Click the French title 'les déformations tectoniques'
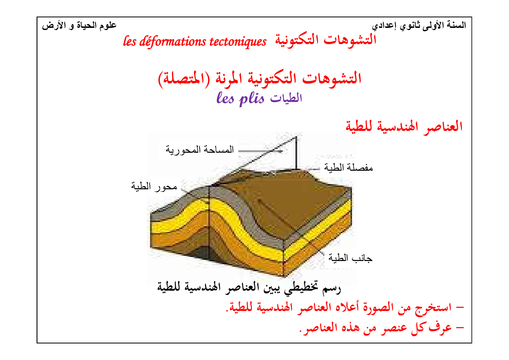[194, 41]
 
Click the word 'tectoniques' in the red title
[238, 42]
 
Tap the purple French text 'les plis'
[240, 98]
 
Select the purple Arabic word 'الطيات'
[286, 98]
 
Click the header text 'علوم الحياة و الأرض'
[79, 26]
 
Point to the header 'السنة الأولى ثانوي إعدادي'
[419, 26]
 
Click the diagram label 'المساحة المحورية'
[200, 150]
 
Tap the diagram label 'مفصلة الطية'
[348, 168]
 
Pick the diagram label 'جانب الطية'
[350, 258]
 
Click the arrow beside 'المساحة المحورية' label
[260, 151]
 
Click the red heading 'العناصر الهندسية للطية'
[404, 127]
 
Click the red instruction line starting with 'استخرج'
[345, 307]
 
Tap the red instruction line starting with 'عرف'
[382, 328]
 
